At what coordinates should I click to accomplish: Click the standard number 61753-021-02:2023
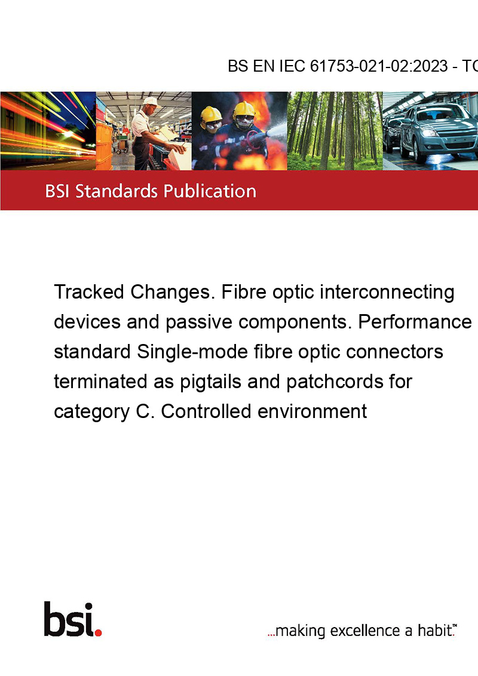(x=379, y=66)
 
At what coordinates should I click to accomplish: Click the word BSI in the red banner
(x=57, y=191)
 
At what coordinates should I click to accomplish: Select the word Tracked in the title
(x=89, y=292)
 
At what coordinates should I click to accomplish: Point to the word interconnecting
(x=387, y=293)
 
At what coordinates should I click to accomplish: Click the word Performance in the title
(x=415, y=322)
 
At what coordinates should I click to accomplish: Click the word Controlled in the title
(x=206, y=411)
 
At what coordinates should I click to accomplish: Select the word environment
(x=312, y=411)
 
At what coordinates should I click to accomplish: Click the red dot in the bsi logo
(x=98, y=632)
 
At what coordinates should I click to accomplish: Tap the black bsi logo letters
(x=69, y=619)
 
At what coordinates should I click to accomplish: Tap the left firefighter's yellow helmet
(x=210, y=114)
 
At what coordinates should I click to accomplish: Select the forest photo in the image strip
(x=335, y=131)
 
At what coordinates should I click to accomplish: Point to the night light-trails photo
(x=48, y=131)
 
